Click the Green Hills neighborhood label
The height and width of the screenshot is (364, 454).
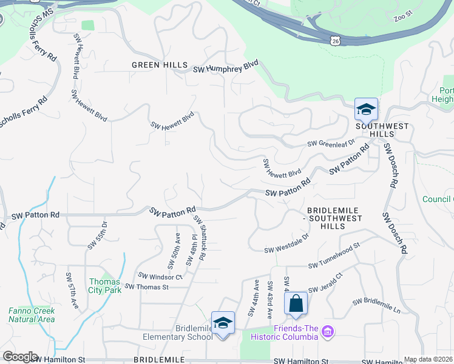coord(155,65)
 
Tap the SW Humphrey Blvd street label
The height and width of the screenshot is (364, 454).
coord(226,67)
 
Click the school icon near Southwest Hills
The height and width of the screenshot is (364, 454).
coord(366,110)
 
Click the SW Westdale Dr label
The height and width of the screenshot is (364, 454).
coord(287,249)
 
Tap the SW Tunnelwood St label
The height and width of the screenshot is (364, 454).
coord(334,265)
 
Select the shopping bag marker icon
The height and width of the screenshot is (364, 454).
coord(295,304)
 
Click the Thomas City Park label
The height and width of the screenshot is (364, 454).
coord(106,285)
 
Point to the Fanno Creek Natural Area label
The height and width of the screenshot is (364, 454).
coord(32,315)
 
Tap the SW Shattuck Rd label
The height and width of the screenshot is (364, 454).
coord(200,237)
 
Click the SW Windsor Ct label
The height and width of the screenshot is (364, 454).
coord(160,276)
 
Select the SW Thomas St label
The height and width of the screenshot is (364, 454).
coord(146,287)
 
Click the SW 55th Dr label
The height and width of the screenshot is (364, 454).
coord(97,234)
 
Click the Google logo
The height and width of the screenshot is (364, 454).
coord(20,357)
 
